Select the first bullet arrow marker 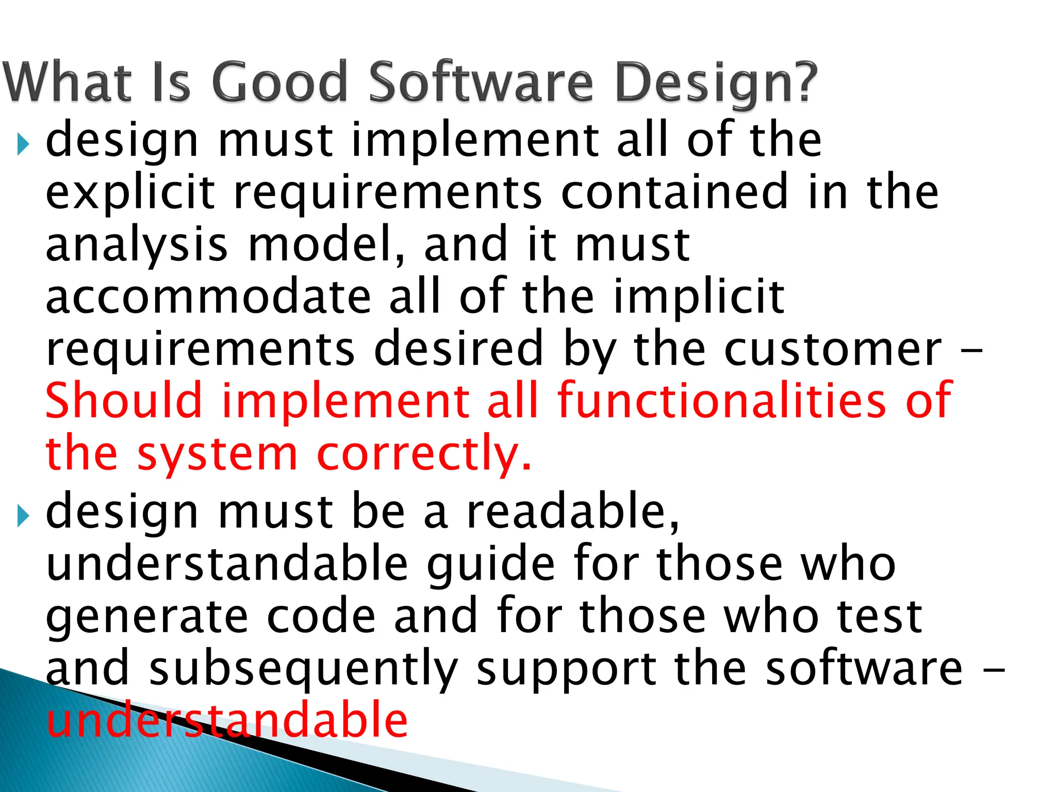(23, 144)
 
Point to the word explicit (130, 193)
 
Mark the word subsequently (304, 670)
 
